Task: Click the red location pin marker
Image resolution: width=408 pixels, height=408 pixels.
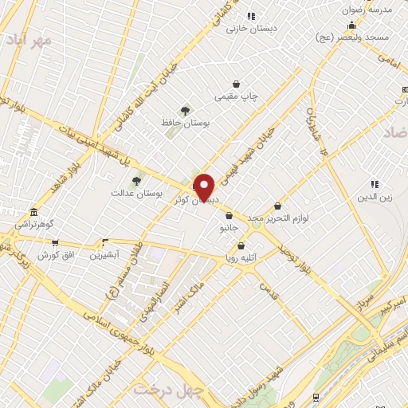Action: point(205,188)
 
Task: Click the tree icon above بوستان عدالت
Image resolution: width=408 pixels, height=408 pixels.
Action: point(136,181)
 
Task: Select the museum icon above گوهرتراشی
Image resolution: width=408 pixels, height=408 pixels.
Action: point(33,214)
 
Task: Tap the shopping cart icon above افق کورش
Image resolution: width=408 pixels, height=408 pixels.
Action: point(55,242)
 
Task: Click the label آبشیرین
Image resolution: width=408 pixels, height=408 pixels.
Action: point(104,254)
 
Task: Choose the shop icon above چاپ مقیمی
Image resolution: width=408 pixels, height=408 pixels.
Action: point(236,84)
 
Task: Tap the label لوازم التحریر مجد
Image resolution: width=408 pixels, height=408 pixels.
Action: point(277,218)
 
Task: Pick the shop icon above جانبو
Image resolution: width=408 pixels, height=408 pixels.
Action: point(229,215)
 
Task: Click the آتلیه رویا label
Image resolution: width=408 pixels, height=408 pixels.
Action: point(240,258)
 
